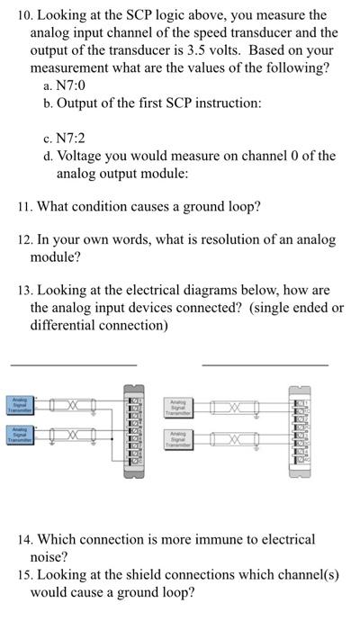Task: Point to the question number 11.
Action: tap(23, 206)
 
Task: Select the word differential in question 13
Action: tap(65, 324)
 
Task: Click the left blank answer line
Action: tap(73, 364)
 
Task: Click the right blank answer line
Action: tap(265, 364)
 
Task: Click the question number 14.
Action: tap(23, 539)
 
